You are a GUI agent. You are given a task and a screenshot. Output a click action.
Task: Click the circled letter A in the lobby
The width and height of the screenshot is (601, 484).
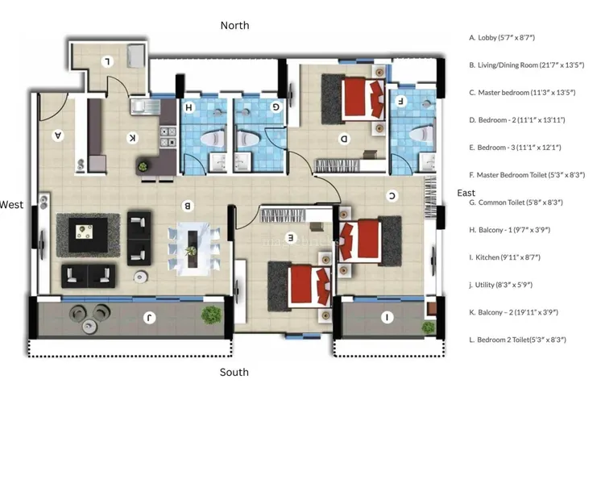[x=58, y=135]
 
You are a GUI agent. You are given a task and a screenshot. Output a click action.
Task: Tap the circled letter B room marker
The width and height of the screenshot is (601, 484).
[x=188, y=207]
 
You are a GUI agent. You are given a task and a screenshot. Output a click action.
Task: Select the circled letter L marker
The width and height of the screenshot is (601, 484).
[x=107, y=61]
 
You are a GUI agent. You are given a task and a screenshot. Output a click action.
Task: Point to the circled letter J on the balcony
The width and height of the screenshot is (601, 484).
[x=149, y=317]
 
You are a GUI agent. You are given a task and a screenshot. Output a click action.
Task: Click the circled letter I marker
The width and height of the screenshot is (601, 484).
[x=388, y=317]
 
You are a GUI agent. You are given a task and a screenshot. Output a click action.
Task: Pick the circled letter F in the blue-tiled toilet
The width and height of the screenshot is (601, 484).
[x=400, y=102]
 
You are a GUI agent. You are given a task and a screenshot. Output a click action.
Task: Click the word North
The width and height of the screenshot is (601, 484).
[x=234, y=25]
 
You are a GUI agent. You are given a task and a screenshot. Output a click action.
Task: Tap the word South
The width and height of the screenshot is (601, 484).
[x=234, y=372]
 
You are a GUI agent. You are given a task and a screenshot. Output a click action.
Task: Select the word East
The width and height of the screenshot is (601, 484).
[x=466, y=193]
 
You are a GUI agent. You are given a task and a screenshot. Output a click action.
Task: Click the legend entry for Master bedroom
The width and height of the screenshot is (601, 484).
[x=522, y=93]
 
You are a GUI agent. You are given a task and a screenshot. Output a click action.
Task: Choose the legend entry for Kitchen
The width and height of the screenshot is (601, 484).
[x=505, y=257]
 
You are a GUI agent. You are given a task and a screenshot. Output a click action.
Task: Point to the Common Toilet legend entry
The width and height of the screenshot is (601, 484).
[x=516, y=202]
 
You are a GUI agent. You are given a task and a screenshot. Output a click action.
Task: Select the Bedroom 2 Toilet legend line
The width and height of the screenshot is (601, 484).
[x=517, y=340]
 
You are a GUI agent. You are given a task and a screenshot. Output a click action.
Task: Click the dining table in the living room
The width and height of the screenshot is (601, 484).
[x=193, y=248]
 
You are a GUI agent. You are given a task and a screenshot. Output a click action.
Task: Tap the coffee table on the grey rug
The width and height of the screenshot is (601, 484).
[x=88, y=235]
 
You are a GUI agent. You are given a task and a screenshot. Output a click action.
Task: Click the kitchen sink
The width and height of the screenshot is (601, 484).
[x=146, y=107]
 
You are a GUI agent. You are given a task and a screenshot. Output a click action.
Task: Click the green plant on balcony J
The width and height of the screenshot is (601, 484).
[x=211, y=315]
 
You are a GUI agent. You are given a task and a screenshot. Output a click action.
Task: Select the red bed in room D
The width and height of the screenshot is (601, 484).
[x=363, y=98]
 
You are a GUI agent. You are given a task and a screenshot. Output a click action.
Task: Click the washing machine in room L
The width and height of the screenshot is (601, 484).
[x=135, y=56]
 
